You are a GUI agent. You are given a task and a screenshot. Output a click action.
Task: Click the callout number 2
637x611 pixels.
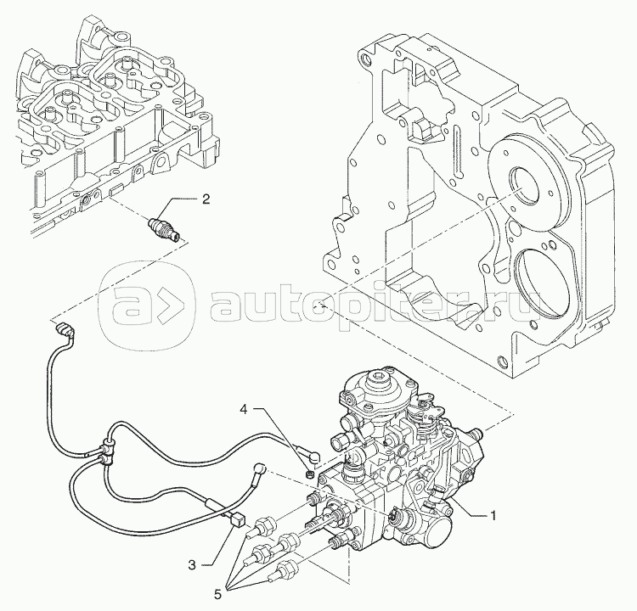(x=205, y=200)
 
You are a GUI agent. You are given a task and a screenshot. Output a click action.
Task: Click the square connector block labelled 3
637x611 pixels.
(x=236, y=520)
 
